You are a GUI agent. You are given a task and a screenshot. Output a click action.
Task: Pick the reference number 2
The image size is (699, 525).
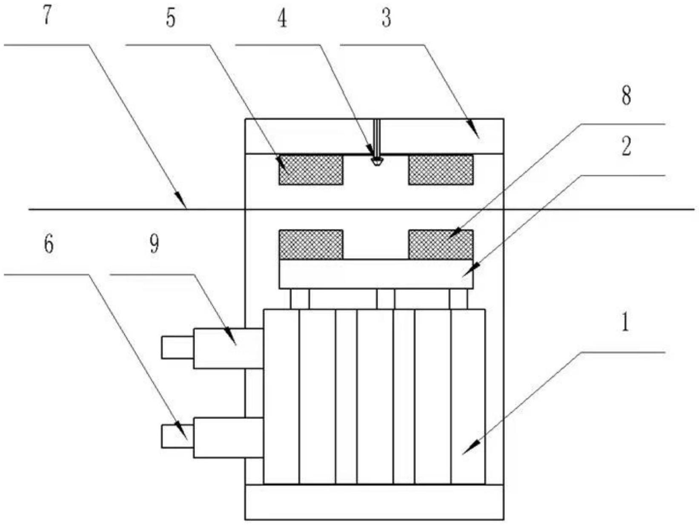(626, 147)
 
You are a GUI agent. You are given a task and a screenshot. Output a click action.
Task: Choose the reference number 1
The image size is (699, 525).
(625, 323)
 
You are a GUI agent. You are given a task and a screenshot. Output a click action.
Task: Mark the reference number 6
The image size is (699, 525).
(49, 245)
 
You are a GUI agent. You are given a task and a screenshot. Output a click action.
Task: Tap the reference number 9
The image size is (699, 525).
(154, 245)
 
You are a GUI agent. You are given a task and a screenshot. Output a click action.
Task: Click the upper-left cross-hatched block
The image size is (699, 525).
(311, 170)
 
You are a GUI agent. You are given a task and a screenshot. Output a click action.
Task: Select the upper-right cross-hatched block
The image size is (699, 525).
(441, 170)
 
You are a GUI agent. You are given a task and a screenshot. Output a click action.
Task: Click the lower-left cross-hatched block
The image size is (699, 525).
(311, 245)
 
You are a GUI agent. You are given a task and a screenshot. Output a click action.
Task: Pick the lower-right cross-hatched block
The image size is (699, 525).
(441, 245)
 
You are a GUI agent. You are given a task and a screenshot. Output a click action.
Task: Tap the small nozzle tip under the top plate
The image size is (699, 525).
(376, 161)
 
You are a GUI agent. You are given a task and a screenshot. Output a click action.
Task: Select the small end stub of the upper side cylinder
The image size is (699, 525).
(177, 347)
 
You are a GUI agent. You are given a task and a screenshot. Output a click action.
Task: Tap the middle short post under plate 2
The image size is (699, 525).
(385, 299)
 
